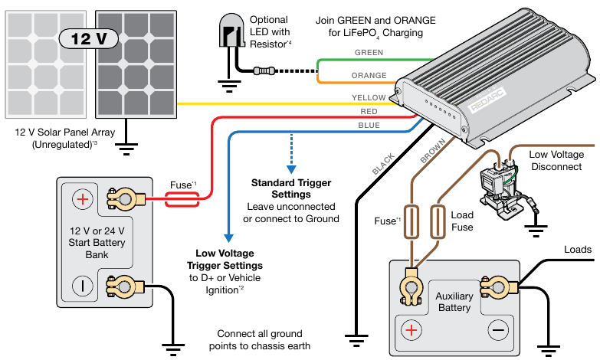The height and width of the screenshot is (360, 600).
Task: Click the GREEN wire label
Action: coord(369,52)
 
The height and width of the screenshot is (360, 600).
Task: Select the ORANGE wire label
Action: coord(369,75)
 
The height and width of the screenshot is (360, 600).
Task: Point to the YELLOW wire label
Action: coord(369,98)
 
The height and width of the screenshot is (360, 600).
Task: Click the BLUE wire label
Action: coord(369,125)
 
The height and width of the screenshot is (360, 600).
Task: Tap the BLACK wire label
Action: coord(383,165)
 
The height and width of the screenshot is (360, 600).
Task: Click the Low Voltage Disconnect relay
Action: coord(494,182)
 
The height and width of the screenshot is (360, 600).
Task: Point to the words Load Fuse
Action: coord(462,221)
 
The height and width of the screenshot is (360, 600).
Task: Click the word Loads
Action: coord(577,250)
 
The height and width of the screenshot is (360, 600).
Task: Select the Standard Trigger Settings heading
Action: coord(292,188)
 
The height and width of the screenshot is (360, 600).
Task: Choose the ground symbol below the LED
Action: coord(228,85)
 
